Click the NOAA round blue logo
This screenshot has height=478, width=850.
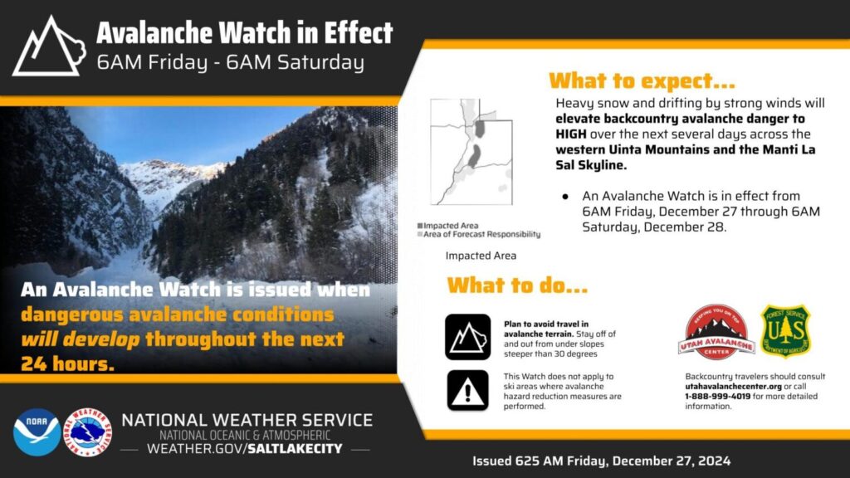pyautogui.click(x=37, y=432)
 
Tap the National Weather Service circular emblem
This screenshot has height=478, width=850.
pyautogui.click(x=87, y=432)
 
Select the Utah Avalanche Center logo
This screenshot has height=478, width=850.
pyautogui.click(x=716, y=332)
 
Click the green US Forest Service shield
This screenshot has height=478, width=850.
pyautogui.click(x=785, y=330)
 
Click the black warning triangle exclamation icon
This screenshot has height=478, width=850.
pyautogui.click(x=468, y=390)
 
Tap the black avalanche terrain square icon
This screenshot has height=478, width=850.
pyautogui.click(x=468, y=337)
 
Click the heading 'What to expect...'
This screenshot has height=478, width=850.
pyautogui.click(x=642, y=80)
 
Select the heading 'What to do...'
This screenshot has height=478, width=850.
pyautogui.click(x=517, y=285)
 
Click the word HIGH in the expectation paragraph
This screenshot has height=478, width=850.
pyautogui.click(x=571, y=134)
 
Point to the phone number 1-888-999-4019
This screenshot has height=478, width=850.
pyautogui.click(x=718, y=396)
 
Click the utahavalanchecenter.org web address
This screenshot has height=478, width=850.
pyautogui.click(x=734, y=387)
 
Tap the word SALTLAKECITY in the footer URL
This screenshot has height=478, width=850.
pyautogui.click(x=296, y=449)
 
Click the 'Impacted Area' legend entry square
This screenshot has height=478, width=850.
pyautogui.click(x=420, y=226)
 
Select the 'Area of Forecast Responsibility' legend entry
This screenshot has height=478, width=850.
pyautogui.click(x=479, y=234)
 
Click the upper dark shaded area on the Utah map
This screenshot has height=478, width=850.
pyautogui.click(x=480, y=129)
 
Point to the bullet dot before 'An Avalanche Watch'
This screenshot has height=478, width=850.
pyautogui.click(x=565, y=196)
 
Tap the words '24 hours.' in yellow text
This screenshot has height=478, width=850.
pyautogui.click(x=68, y=363)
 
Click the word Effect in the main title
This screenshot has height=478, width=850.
pyautogui.click(x=359, y=33)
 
